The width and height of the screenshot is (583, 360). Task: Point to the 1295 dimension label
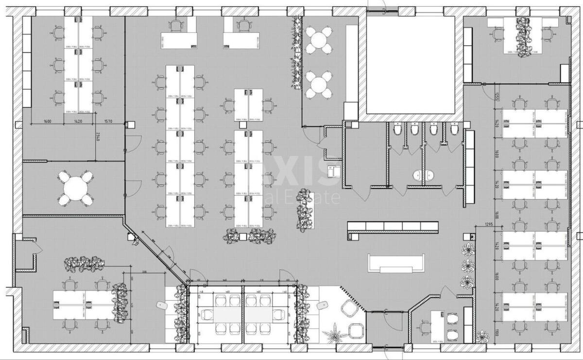point(492,224)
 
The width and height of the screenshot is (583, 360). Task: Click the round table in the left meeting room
point(76,188)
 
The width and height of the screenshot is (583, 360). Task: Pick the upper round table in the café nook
point(319,39)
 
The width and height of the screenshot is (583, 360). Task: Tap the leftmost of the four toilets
point(398,129)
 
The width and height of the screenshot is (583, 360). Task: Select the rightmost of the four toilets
point(454,129)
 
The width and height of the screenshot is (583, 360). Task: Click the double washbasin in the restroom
point(424,175)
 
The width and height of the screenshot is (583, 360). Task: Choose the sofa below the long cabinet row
point(398,264)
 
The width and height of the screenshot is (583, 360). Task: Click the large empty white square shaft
point(411,64)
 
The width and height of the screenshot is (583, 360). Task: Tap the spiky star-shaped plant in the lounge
point(335,334)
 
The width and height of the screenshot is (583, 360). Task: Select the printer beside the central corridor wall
point(334,171)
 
